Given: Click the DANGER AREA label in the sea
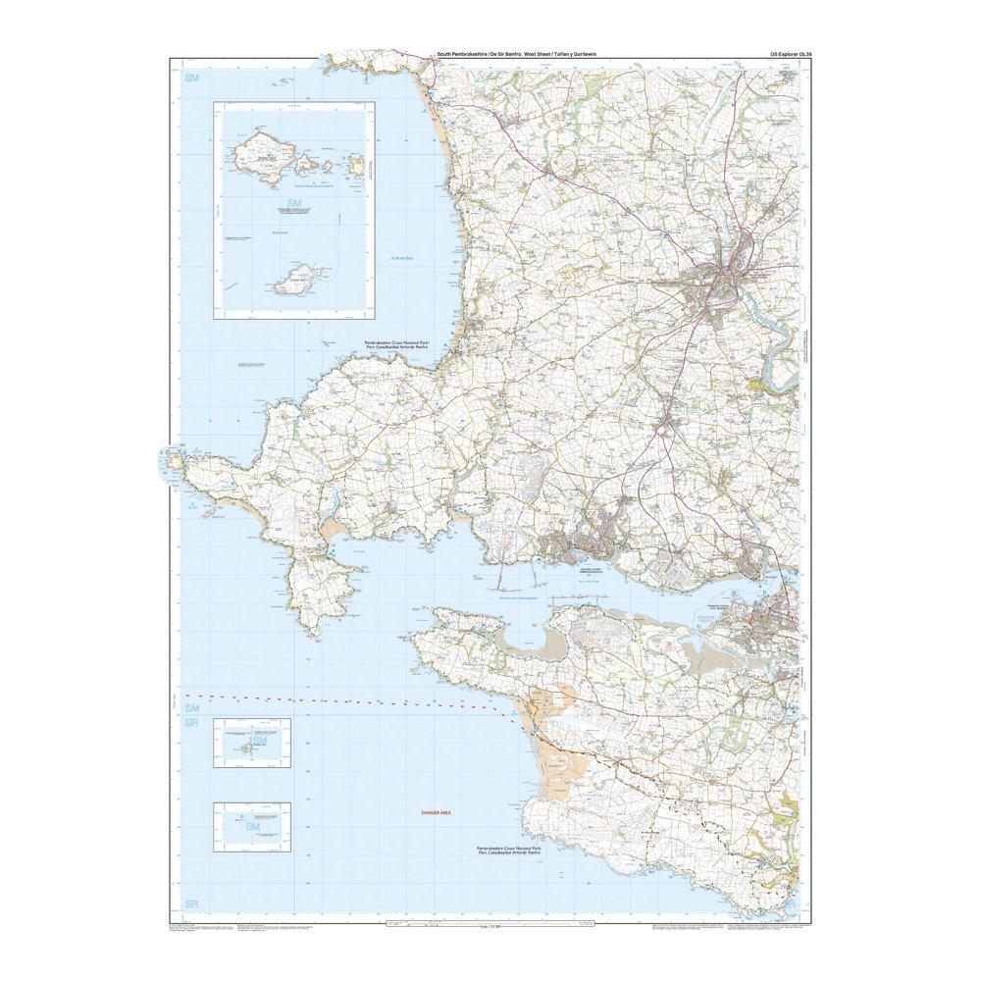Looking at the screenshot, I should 434,813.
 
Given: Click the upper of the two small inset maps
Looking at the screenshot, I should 254,739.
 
